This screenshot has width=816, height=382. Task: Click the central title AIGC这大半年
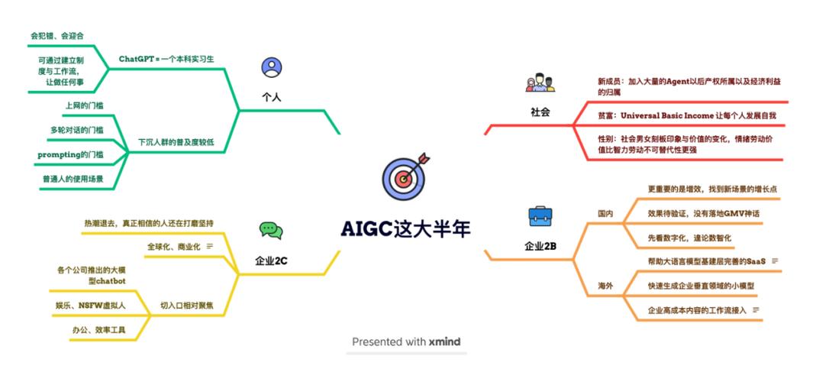[406, 229]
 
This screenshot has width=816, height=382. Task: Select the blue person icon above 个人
[272, 67]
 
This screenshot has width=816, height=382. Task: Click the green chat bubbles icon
[271, 231]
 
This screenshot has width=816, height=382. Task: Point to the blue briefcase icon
[540, 215]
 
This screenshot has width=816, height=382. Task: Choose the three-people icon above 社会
[540, 83]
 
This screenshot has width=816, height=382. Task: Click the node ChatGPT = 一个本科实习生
[166, 59]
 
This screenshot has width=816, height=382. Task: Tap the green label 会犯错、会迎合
[56, 36]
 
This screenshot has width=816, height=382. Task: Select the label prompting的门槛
[70, 155]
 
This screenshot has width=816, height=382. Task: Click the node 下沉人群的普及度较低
[176, 142]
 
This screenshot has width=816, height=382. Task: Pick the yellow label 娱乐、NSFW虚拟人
[91, 306]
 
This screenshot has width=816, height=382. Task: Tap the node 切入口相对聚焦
[187, 306]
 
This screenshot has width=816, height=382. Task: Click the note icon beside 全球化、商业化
[210, 247]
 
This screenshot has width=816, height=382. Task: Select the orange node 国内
[605, 213]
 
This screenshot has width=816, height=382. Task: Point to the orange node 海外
[605, 286]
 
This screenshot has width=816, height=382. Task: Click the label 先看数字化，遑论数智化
[689, 238]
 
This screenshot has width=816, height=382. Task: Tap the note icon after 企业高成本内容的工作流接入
[756, 310]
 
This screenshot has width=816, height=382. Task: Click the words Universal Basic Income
[666, 115]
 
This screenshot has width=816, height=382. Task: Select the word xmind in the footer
[444, 342]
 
